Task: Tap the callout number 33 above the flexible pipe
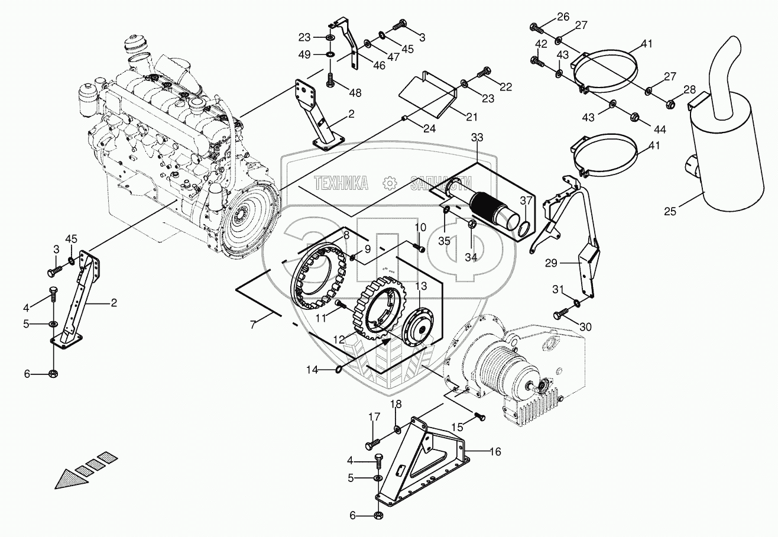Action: [x=476, y=138]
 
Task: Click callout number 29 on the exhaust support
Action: [x=550, y=264]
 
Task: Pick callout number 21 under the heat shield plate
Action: [x=471, y=116]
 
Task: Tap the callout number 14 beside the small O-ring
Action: [x=312, y=370]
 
